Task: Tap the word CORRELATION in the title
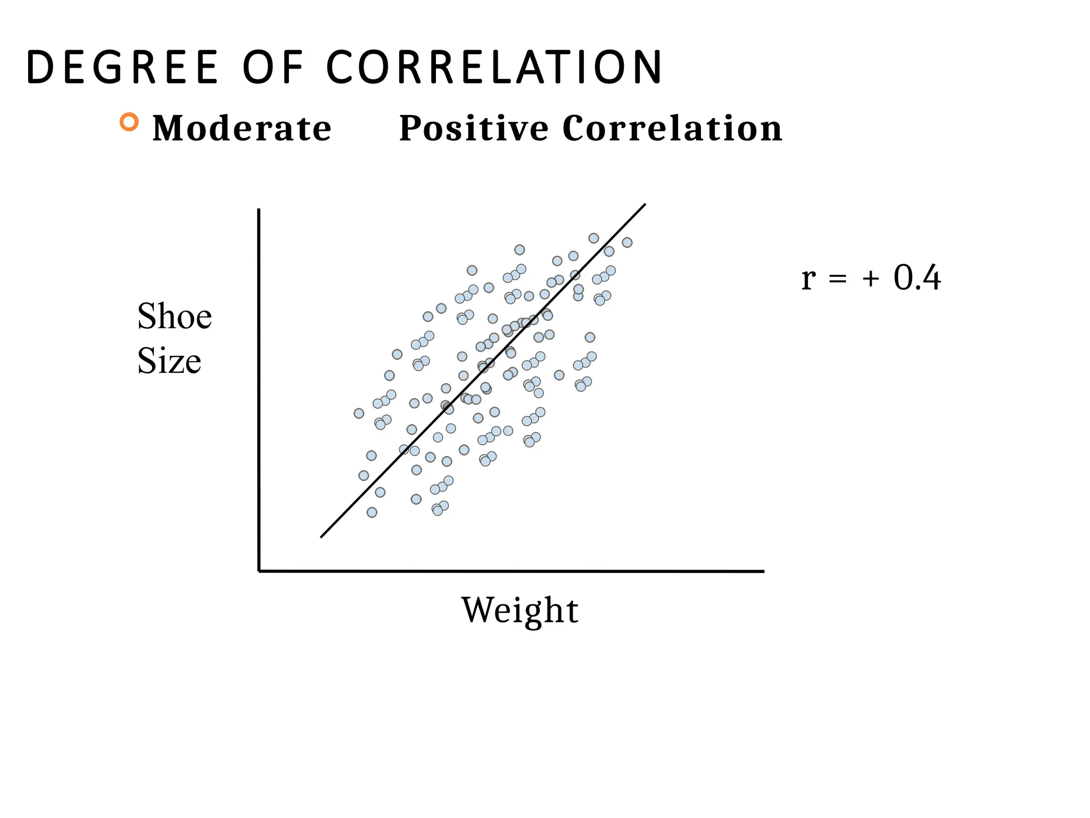pyautogui.click(x=494, y=68)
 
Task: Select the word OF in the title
pyautogui.click(x=272, y=68)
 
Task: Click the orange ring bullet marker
pyautogui.click(x=129, y=122)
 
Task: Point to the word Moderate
pyautogui.click(x=242, y=128)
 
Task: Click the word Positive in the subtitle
pyautogui.click(x=474, y=128)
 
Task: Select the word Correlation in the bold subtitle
pyautogui.click(x=672, y=128)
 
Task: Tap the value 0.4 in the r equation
pyautogui.click(x=916, y=277)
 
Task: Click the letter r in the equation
pyautogui.click(x=808, y=279)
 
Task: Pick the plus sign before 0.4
pyautogui.click(x=871, y=279)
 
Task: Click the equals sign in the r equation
pyautogui.click(x=837, y=279)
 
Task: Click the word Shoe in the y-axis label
pyautogui.click(x=175, y=316)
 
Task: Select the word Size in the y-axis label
pyautogui.click(x=169, y=361)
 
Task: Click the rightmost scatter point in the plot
pyautogui.click(x=627, y=242)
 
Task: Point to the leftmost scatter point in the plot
pyautogui.click(x=359, y=413)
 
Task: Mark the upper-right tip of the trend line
pyautogui.click(x=645, y=204)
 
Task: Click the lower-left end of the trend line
pyautogui.click(x=321, y=537)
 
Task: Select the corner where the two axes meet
pyautogui.click(x=259, y=571)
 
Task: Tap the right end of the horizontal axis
pyautogui.click(x=763, y=571)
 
